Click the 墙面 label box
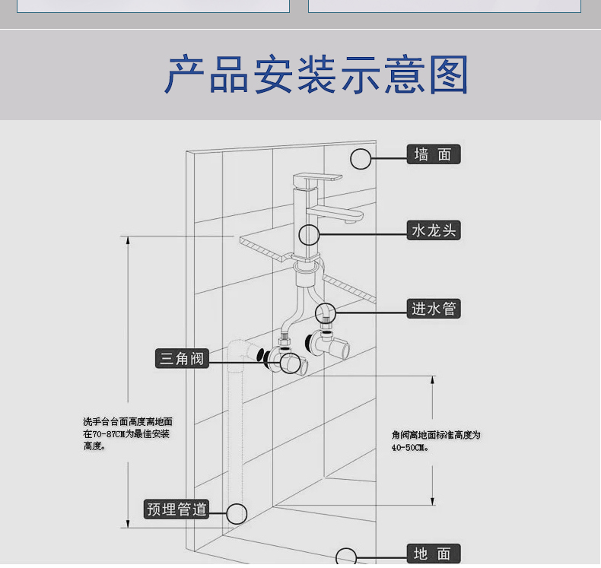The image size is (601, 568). pyautogui.click(x=434, y=154)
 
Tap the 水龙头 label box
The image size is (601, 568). pyautogui.click(x=434, y=230)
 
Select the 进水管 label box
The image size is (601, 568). pyautogui.click(x=434, y=308)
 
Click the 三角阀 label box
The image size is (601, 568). pyautogui.click(x=182, y=358)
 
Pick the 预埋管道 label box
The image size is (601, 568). pyautogui.click(x=176, y=509)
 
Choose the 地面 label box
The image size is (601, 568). pyautogui.click(x=434, y=554)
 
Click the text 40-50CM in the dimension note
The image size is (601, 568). pyautogui.click(x=409, y=447)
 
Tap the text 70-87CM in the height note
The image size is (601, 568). pyautogui.click(x=109, y=434)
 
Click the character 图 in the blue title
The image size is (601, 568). pyautogui.click(x=449, y=75)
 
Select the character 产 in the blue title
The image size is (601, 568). pyautogui.click(x=185, y=75)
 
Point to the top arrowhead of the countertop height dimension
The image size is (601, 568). pyautogui.click(x=128, y=240)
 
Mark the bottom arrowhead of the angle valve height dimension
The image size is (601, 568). pyautogui.click(x=433, y=501)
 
